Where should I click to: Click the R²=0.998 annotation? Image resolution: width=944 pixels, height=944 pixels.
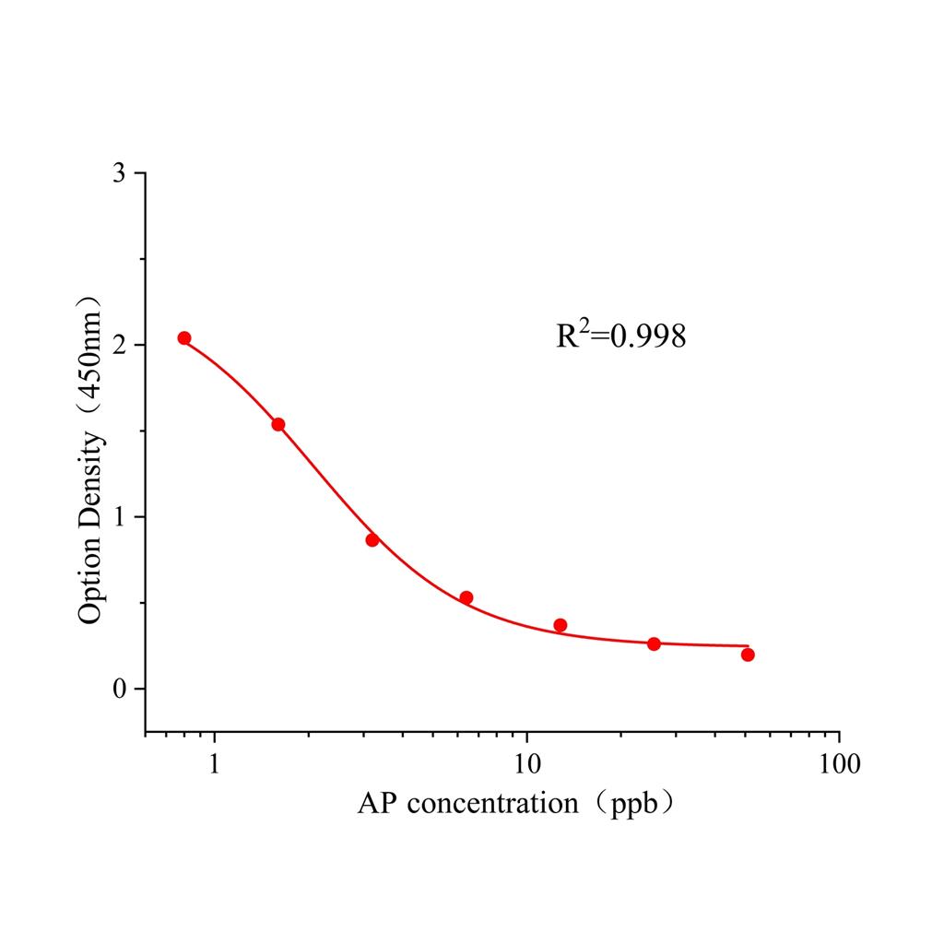tap(620, 336)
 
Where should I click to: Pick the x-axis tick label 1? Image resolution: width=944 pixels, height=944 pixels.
tap(215, 764)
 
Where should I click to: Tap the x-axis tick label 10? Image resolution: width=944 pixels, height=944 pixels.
tap(526, 764)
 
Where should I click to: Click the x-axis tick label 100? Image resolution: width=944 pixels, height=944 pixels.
tap(838, 764)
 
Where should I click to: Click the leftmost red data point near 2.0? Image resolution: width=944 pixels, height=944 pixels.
tap(184, 338)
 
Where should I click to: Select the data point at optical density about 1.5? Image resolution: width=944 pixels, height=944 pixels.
tap(278, 424)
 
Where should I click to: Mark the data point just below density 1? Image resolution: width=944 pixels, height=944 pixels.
tap(372, 539)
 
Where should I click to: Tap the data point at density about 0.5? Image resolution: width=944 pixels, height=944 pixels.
tap(466, 597)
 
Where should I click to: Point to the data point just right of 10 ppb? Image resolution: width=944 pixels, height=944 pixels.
tap(560, 625)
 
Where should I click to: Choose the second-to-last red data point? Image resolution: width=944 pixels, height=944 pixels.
tap(654, 643)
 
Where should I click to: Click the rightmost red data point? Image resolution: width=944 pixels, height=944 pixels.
tap(748, 655)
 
